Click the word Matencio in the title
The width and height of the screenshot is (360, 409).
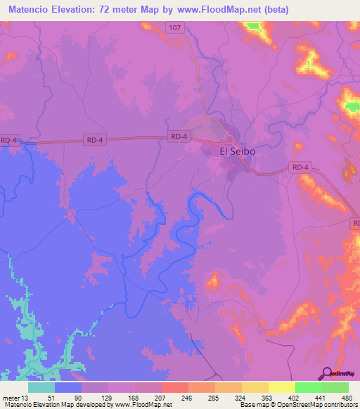click(34, 10)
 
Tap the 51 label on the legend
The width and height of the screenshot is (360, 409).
click(51, 398)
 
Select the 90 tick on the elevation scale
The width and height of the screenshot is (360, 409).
click(78, 398)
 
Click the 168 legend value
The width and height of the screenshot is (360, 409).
click(132, 398)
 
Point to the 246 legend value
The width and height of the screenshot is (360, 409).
click(186, 398)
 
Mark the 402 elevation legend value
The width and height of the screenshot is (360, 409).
click(295, 398)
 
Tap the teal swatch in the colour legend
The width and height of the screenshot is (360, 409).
click(41, 387)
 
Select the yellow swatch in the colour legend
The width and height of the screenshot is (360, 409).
click(281, 387)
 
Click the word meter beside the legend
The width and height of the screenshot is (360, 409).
click(10, 398)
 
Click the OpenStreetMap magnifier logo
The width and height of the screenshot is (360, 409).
click(326, 374)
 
